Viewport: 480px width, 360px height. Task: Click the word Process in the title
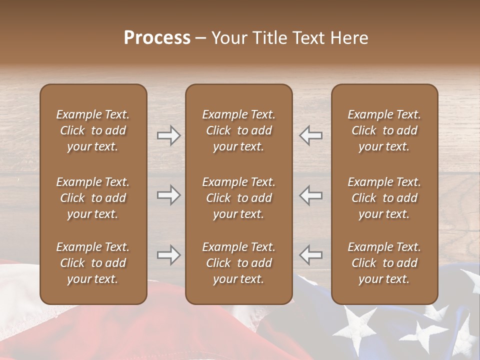click(157, 38)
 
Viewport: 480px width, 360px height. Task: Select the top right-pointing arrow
click(168, 135)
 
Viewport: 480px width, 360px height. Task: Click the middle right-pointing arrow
click(168, 195)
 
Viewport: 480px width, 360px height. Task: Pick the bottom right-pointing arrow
click(168, 255)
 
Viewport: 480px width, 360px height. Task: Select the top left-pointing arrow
click(311, 135)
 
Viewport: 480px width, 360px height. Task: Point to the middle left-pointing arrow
click(311, 195)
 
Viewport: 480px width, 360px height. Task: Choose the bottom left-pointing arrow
click(311, 255)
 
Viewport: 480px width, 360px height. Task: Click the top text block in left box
click(93, 130)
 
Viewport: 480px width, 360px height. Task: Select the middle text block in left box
click(93, 198)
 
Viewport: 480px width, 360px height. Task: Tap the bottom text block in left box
click(93, 263)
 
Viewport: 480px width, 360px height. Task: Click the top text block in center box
click(239, 130)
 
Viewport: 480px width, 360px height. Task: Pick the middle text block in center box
click(239, 198)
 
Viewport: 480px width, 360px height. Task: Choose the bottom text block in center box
click(239, 263)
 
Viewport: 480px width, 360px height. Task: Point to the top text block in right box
click(384, 130)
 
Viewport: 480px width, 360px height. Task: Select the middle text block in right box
click(384, 198)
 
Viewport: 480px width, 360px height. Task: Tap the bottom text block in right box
click(384, 263)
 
